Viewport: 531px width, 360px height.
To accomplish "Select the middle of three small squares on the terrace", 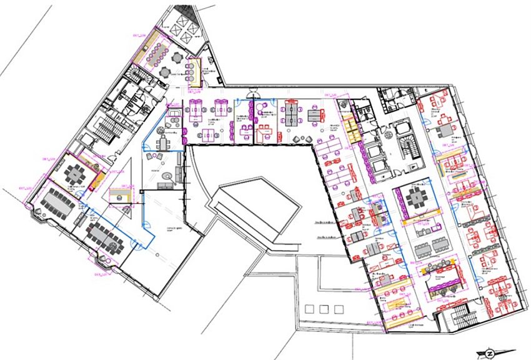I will (x=324, y=309).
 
